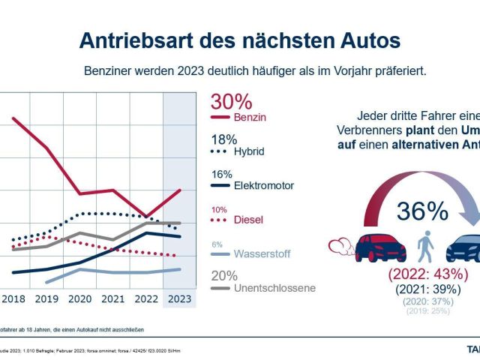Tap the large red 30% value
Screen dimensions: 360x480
point(231,102)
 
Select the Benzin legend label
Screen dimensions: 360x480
point(250,118)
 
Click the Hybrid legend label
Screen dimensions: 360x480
point(250,151)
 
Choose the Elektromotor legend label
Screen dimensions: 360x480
point(263,185)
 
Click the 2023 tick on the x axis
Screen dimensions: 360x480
point(178,298)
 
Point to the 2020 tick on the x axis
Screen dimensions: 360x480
point(81,298)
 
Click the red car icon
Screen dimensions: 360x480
point(380,247)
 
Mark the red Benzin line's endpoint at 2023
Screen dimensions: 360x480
point(179,190)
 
